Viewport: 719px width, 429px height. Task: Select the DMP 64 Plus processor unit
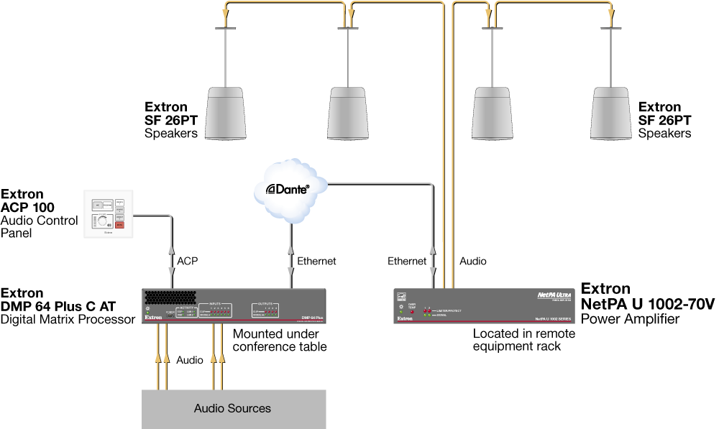click(235, 305)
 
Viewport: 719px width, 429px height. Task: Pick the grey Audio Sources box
click(232, 408)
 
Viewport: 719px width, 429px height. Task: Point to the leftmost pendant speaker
click(227, 114)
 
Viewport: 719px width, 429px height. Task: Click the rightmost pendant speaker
click(613, 114)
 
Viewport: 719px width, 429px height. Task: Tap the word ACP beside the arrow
click(188, 262)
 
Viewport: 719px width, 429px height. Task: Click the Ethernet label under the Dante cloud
click(316, 262)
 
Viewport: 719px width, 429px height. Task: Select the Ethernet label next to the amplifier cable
click(407, 262)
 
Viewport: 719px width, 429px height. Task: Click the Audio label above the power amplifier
click(472, 262)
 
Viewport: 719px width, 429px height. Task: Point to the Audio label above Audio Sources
click(190, 359)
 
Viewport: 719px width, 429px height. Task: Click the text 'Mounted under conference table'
click(280, 341)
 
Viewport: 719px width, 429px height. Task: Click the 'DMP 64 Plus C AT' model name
click(58, 306)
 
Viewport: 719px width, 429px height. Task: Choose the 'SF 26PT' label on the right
click(665, 120)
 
